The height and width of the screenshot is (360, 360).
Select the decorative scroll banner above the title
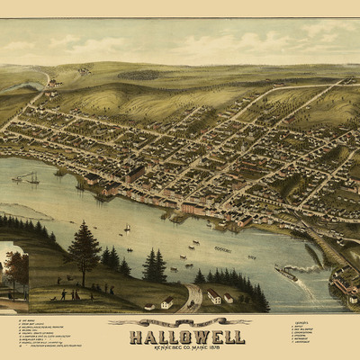[179, 321]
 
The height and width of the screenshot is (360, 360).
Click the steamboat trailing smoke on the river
[285, 272]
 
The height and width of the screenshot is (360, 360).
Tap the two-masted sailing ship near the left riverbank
[31, 178]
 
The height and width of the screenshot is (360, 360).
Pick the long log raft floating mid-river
[222, 249]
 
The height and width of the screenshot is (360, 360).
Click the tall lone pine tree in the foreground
[84, 252]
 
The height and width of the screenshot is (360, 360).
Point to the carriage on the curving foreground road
[190, 296]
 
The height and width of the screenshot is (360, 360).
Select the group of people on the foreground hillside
[68, 294]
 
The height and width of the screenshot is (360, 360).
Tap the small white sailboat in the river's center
[127, 228]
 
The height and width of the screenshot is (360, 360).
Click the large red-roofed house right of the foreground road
[214, 296]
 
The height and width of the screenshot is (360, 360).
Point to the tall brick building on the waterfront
[136, 174]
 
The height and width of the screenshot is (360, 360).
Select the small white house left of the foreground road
[166, 302]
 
